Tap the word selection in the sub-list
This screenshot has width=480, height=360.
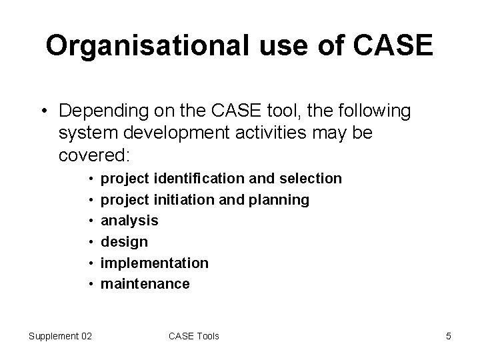(x=311, y=179)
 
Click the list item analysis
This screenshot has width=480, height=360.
(x=129, y=221)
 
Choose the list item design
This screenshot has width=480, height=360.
(x=124, y=241)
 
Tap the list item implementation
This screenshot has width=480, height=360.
(x=154, y=263)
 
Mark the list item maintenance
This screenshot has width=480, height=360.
(x=145, y=283)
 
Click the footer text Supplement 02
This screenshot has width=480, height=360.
(x=61, y=336)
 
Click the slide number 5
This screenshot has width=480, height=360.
(x=449, y=336)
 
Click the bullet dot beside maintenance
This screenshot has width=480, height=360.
(x=90, y=284)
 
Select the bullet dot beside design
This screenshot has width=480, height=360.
(x=90, y=242)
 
